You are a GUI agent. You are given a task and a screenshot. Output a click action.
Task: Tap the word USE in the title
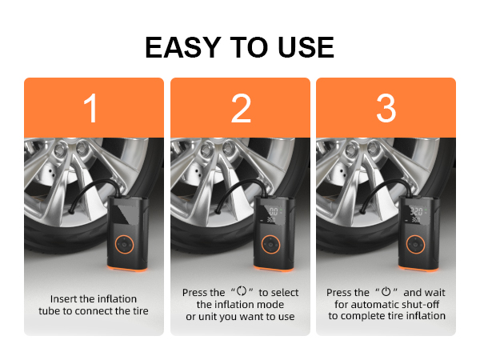(302, 47)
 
